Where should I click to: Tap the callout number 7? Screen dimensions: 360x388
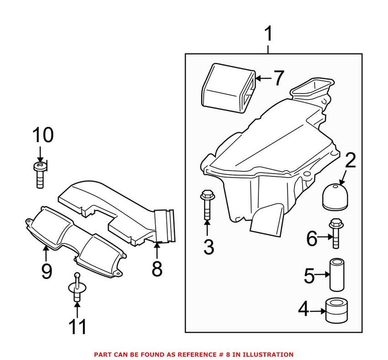pyautogui.click(x=278, y=78)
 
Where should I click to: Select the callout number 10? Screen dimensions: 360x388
pyautogui.click(x=42, y=136)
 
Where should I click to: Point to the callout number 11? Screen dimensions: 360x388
pyautogui.click(x=77, y=328)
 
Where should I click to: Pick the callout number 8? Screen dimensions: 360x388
pyautogui.click(x=157, y=268)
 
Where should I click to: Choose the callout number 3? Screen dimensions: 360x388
pyautogui.click(x=208, y=247)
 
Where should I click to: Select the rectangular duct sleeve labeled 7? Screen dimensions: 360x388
pyautogui.click(x=227, y=87)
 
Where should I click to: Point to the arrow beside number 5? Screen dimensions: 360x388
pyautogui.click(x=323, y=275)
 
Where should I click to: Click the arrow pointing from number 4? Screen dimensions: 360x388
pyautogui.click(x=318, y=311)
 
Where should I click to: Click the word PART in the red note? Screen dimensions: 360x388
pyautogui.click(x=101, y=354)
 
